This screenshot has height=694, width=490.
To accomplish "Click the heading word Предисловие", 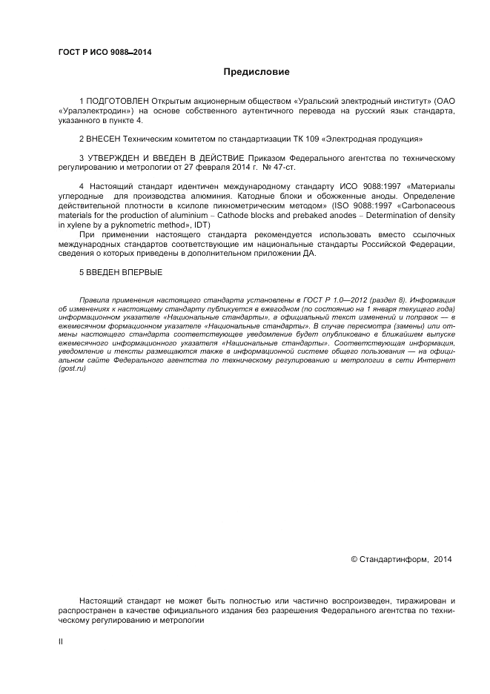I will coord(256,72).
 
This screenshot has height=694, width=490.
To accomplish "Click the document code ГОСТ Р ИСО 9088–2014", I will coord(100,52).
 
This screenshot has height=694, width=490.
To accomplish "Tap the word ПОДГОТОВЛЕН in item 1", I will coord(118,100).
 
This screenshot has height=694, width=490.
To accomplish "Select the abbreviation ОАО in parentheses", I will coord(443,100).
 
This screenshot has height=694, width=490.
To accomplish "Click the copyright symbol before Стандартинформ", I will coord(354,560).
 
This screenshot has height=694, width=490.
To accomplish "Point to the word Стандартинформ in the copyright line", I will coord(393,560).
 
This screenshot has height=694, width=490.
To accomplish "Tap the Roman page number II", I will coord(61,642).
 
